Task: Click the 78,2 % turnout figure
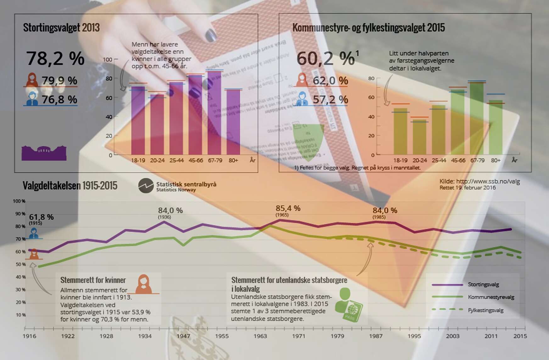point(55,58)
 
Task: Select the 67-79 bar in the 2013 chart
point(215,113)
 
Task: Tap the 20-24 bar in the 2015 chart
point(419,137)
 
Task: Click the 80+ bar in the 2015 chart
point(496,127)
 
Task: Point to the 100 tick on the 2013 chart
point(108,59)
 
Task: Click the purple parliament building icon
point(44,153)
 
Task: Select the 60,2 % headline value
point(326,58)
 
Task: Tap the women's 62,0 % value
point(330,81)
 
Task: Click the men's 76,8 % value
point(59,100)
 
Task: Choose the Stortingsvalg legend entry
point(483,285)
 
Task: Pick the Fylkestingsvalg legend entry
point(485,310)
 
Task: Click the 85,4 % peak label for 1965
point(288,208)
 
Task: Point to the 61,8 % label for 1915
point(41,217)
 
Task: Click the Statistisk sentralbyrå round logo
point(146,186)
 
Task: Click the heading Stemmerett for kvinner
point(93,280)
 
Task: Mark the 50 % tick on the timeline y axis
point(21,264)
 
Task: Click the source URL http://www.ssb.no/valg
point(479,181)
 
